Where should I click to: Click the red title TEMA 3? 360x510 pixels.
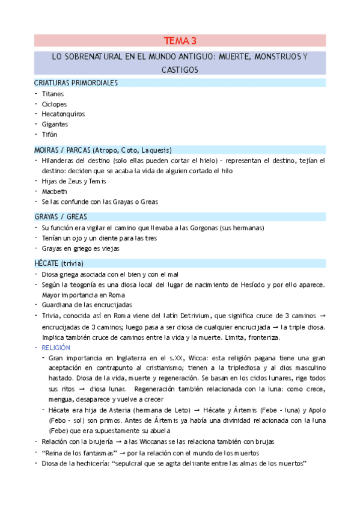pos(180,41)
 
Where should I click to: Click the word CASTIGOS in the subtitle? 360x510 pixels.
pos(180,70)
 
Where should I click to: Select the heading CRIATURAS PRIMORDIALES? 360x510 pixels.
pos(76,83)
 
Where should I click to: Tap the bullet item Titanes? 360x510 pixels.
pos(53,94)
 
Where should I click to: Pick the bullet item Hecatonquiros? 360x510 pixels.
pos(63,114)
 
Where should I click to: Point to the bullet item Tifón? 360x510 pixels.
pos(49,134)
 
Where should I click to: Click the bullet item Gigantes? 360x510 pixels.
pos(55,124)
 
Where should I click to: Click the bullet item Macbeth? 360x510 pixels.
pos(54,191)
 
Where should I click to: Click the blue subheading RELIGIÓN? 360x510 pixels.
pos(56,348)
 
